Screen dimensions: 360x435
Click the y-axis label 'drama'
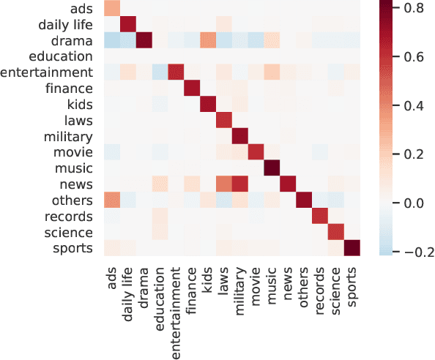point(74,40)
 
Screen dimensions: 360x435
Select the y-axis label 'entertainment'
point(48,72)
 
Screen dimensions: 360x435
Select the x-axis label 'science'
point(335,288)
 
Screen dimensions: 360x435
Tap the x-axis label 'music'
point(271,282)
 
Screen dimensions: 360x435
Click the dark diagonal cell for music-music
point(271,168)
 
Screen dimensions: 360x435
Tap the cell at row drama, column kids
point(207,40)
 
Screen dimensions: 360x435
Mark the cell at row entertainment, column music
point(271,72)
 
